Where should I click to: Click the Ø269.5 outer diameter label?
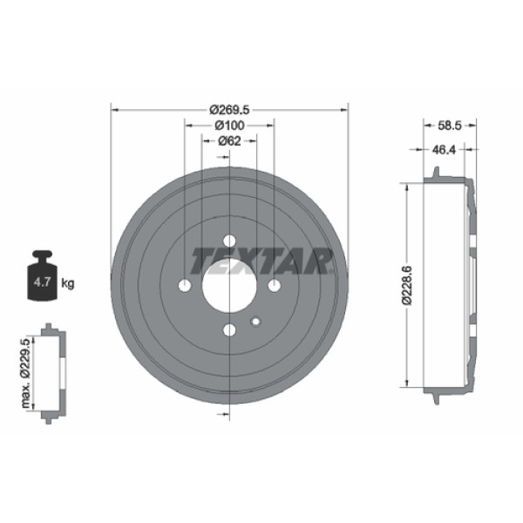point(230,110)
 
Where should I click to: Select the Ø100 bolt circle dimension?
point(230,126)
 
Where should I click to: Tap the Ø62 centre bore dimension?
point(229,141)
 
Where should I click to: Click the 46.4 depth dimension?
point(445,150)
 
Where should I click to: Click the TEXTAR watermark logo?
point(262,260)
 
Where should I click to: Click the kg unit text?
point(69,283)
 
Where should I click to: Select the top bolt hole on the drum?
point(229,241)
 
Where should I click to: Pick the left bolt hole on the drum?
point(186,285)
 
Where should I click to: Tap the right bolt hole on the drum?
point(274,285)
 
